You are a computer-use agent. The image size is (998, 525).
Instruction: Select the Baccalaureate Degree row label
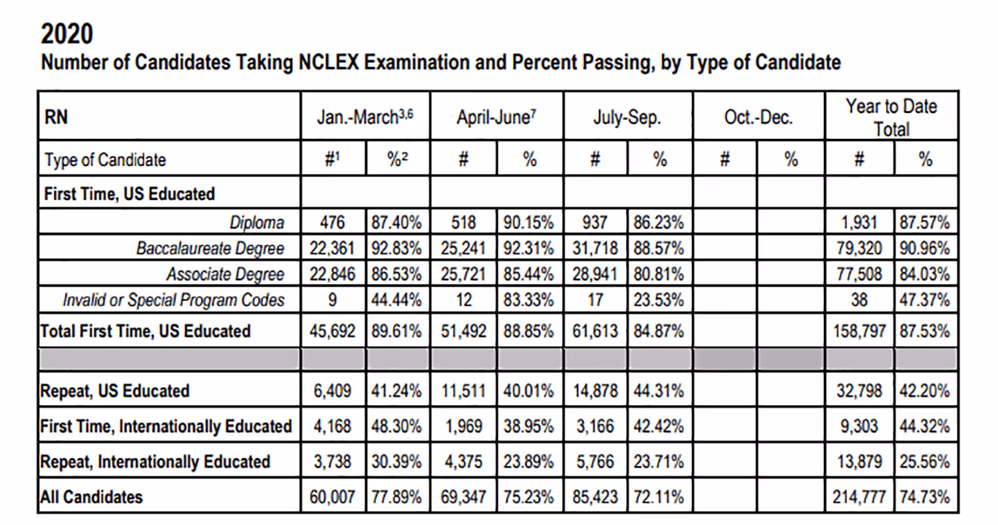(210, 249)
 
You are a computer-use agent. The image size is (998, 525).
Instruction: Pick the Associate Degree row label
(225, 274)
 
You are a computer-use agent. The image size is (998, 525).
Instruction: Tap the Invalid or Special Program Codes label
(174, 300)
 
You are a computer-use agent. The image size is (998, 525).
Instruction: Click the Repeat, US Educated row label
(115, 391)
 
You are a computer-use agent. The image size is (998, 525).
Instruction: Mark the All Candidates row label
(92, 496)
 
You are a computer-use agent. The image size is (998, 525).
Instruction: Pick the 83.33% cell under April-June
(530, 300)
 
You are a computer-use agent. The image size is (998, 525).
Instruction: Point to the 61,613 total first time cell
(596, 330)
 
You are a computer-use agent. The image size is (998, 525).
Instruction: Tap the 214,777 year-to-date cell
(860, 496)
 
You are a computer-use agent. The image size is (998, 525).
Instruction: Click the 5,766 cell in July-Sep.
(596, 461)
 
